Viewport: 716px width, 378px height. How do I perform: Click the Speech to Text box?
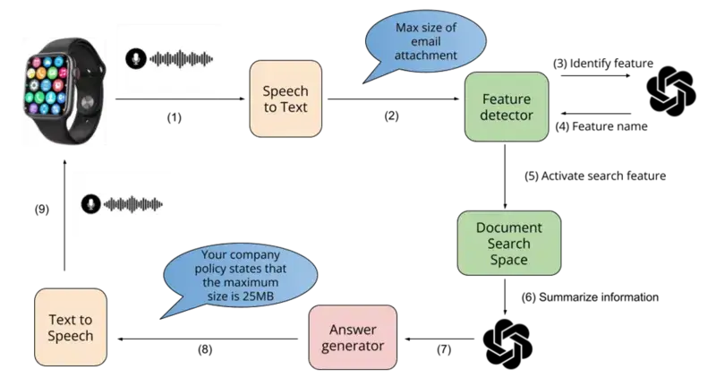285,99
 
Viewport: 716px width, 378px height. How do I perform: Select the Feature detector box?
507,107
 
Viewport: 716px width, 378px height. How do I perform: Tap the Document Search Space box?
508,243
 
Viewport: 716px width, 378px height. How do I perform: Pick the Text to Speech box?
71,328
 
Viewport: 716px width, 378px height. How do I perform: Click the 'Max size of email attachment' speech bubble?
425,40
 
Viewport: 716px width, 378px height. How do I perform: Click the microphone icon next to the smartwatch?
134,58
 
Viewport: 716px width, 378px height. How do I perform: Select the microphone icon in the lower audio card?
89,204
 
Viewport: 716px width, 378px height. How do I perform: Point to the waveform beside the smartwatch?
183,58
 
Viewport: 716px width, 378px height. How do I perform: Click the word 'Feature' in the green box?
507,99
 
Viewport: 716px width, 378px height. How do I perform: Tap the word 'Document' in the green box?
508,228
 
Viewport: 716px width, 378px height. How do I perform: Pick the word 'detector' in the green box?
507,115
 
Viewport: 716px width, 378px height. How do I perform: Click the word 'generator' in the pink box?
351,346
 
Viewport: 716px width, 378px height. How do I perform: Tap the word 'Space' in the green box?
508,259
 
